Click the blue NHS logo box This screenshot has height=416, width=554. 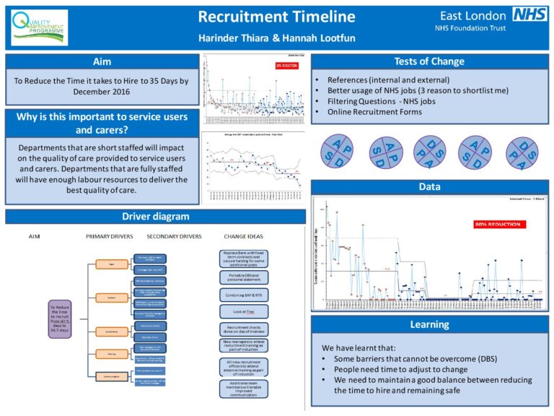tap(530, 14)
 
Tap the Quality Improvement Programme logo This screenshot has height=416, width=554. tap(40, 28)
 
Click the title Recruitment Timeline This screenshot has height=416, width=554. tap(276, 17)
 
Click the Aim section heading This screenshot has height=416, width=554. tap(102, 61)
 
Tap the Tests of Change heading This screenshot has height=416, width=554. tap(429, 61)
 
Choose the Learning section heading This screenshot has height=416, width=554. tap(429, 324)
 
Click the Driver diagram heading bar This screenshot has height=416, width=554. tap(155, 216)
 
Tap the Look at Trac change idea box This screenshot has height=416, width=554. tap(243, 311)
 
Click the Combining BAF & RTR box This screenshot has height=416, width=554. tap(243, 295)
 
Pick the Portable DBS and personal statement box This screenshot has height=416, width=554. tap(243, 277)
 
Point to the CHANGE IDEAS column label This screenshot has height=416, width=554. tap(245, 236)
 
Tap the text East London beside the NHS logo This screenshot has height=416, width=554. tap(470, 15)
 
